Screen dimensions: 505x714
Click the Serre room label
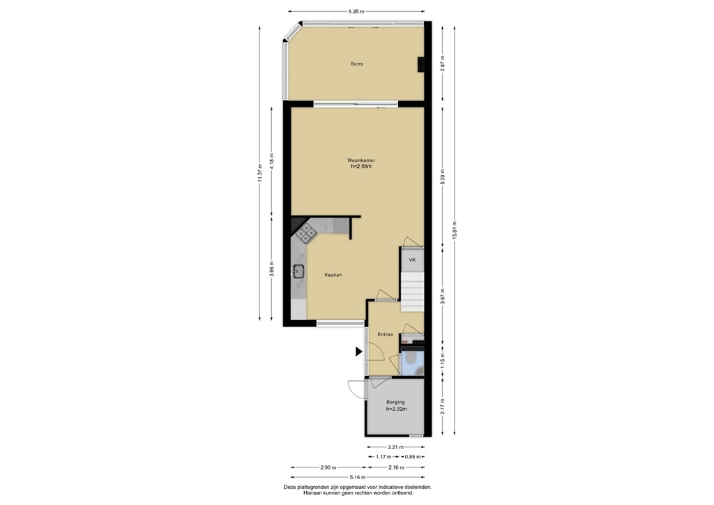(x=357, y=64)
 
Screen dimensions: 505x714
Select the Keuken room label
(x=333, y=275)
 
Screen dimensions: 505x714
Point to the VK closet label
(x=412, y=260)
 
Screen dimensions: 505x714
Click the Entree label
(x=386, y=335)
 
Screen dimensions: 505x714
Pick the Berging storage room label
(x=395, y=402)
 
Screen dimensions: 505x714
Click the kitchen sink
(x=300, y=273)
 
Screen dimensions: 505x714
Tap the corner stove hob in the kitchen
(x=306, y=233)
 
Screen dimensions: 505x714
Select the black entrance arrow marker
(x=358, y=352)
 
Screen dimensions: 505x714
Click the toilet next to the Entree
(x=411, y=361)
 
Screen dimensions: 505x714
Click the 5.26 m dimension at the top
(x=356, y=11)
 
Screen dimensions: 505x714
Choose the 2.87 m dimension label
(x=442, y=63)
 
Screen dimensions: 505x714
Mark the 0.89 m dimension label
(x=413, y=457)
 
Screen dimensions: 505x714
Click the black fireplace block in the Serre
(x=421, y=64)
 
